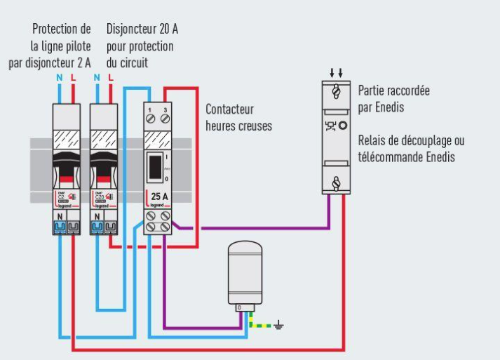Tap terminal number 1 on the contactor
coord(151,119)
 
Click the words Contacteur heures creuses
coord(239,117)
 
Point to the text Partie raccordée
coord(393,92)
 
